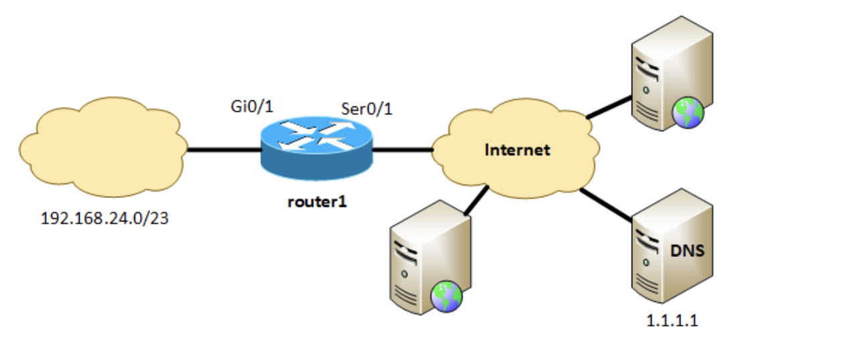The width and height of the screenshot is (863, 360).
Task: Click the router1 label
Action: (x=317, y=201)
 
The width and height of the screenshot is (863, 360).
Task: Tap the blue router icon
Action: (x=316, y=149)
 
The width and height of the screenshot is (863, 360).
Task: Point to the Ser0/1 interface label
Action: (x=367, y=109)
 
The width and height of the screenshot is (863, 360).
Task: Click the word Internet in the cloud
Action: (x=517, y=150)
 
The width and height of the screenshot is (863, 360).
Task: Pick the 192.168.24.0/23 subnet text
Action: (x=104, y=219)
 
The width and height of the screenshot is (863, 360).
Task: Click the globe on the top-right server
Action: (x=689, y=112)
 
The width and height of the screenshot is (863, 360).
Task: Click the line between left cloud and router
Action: (x=223, y=149)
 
